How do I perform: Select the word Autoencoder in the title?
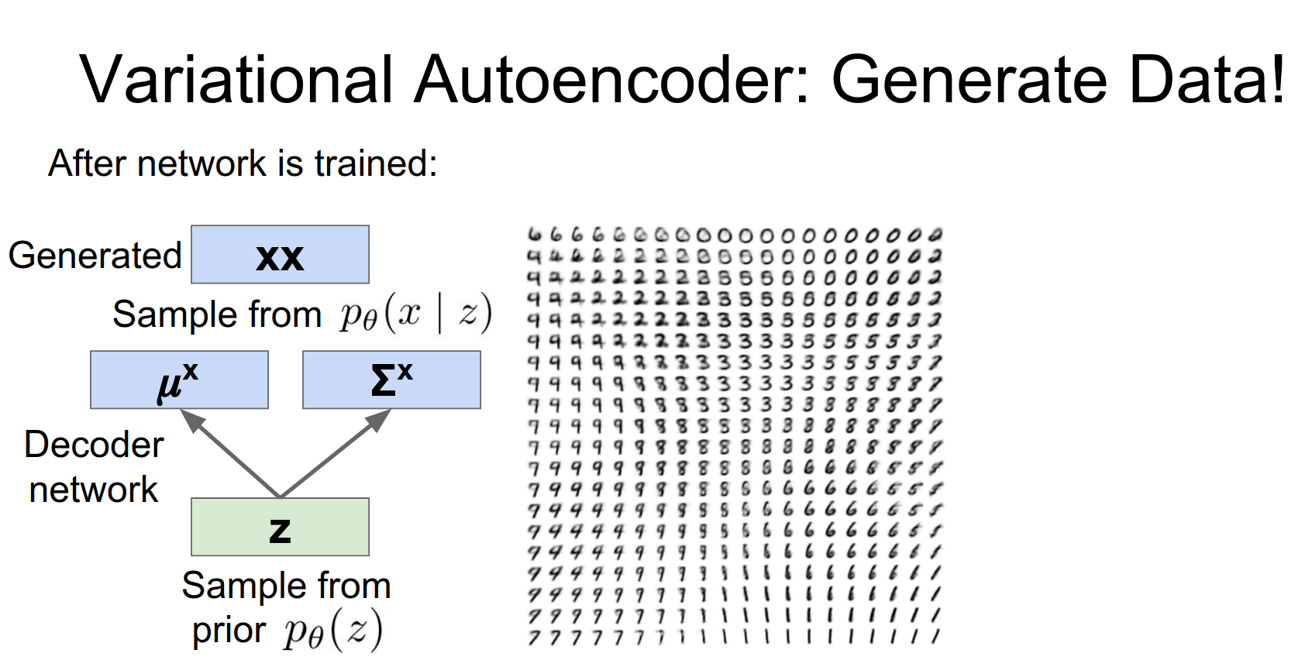(x=611, y=79)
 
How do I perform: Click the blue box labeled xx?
(x=280, y=255)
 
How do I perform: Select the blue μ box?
(x=179, y=380)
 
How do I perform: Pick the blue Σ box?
(x=391, y=380)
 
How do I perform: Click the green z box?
(x=280, y=527)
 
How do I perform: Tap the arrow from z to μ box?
(x=230, y=453)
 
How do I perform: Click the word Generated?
(x=95, y=256)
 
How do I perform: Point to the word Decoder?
(x=94, y=445)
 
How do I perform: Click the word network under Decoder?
(x=94, y=490)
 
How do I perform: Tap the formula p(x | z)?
(x=415, y=314)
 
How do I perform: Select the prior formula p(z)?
(x=332, y=631)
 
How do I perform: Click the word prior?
(x=229, y=631)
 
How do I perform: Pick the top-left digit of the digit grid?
(x=534, y=234)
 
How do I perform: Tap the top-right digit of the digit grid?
(x=935, y=234)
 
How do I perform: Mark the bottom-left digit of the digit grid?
(x=534, y=638)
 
